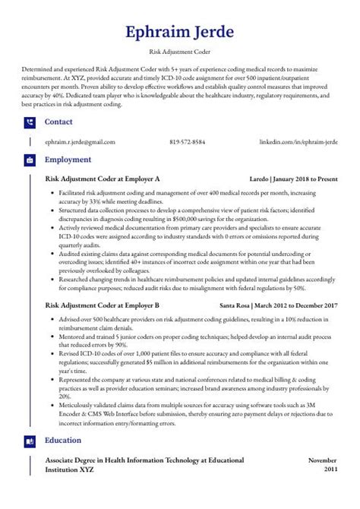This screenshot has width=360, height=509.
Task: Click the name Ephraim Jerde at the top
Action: pos(180,33)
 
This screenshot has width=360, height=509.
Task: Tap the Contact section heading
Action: pos(59,122)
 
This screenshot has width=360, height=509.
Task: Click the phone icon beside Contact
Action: pos(30,122)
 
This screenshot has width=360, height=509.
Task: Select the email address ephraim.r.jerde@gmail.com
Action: pos(81,142)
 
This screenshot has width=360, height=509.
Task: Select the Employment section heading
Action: pos(68,160)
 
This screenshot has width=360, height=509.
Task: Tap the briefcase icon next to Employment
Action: pos(30,160)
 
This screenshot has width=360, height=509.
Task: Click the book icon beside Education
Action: pos(30,441)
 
